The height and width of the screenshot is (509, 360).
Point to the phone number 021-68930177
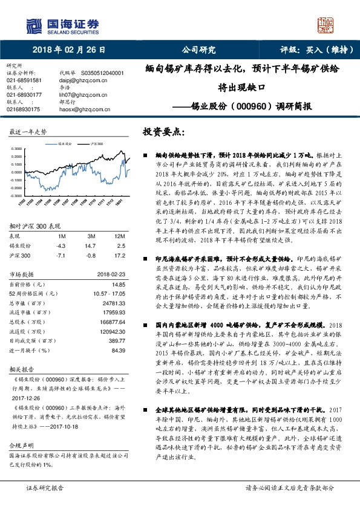(x=25, y=94)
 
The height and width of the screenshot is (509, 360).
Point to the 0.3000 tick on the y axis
(x=17, y=148)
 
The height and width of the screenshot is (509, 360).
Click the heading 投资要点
(x=163, y=131)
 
